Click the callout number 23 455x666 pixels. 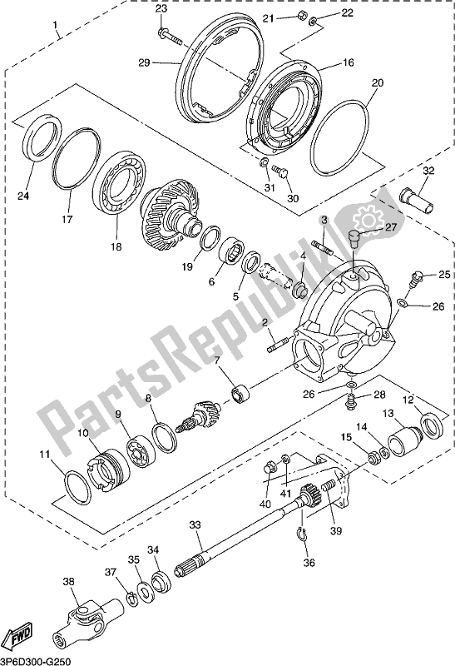coord(161,9)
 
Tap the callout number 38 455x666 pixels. coord(69,583)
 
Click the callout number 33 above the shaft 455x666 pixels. coord(195,525)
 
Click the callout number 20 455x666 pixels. coord(378,82)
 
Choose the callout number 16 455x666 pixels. coord(348,62)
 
